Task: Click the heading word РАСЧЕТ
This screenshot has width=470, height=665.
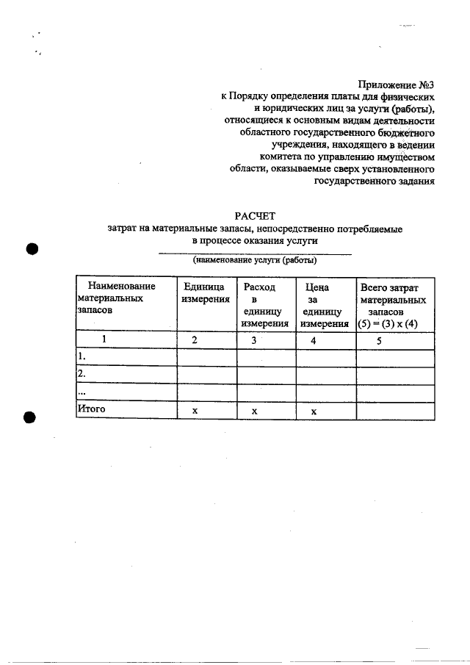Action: pyautogui.click(x=254, y=215)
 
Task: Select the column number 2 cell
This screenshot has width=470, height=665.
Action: pyautogui.click(x=195, y=340)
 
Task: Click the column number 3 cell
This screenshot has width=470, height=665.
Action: pyautogui.click(x=253, y=340)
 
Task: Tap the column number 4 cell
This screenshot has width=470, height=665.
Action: pyautogui.click(x=313, y=340)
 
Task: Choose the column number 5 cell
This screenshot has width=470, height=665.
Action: pyautogui.click(x=379, y=340)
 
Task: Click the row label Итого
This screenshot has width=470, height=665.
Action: pyautogui.click(x=92, y=409)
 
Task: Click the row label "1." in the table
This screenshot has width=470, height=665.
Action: pyautogui.click(x=82, y=357)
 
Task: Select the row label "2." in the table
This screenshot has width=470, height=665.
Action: pyautogui.click(x=82, y=375)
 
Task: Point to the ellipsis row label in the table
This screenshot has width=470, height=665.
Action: pyautogui.click(x=82, y=392)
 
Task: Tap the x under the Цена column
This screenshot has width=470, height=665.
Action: pyautogui.click(x=313, y=411)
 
